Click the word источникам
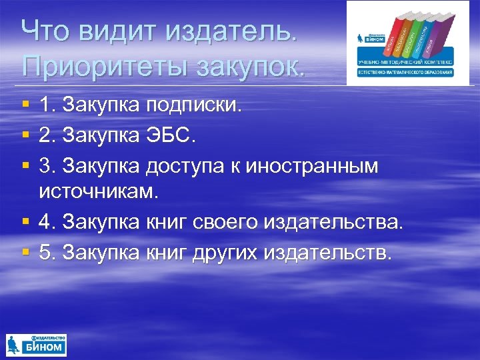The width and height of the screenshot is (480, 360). coord(100,192)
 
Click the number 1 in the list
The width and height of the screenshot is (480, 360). coord(45,105)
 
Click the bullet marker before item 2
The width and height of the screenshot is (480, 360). coord(25,136)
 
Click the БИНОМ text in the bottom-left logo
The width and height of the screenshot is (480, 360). coord(46,347)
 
